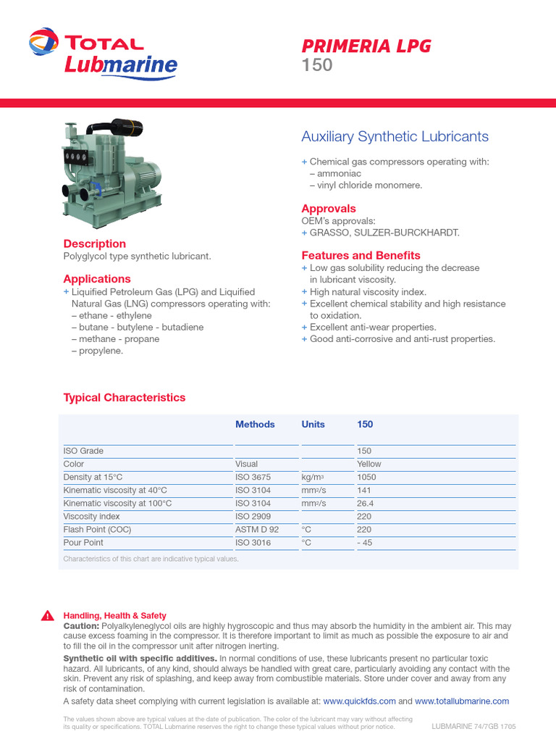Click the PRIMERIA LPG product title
(366, 46)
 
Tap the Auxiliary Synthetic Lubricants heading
(395, 136)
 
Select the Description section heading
(95, 243)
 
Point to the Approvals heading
(329, 209)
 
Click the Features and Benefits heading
(361, 255)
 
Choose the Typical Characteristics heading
(125, 397)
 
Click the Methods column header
(255, 424)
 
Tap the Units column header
(313, 424)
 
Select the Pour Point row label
(83, 542)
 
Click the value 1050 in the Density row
(367, 477)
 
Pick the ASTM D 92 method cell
(257, 529)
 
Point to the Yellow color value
(369, 464)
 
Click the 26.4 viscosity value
(365, 503)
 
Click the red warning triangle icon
(48, 616)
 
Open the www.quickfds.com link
(359, 701)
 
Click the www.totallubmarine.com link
(462, 701)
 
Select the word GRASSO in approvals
(330, 233)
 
